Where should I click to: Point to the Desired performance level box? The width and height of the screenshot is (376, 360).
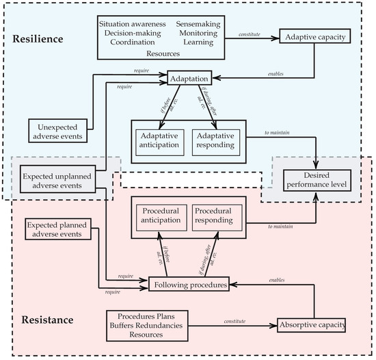click(317, 179)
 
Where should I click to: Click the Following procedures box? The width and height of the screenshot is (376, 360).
click(189, 282)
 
